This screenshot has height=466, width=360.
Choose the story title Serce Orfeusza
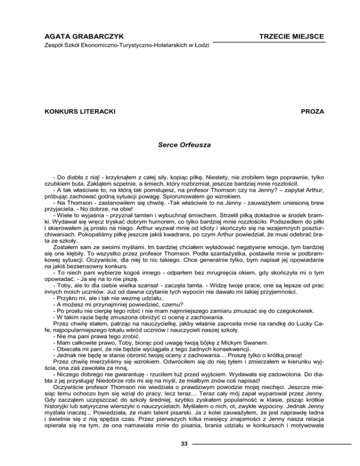tap(180, 146)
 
